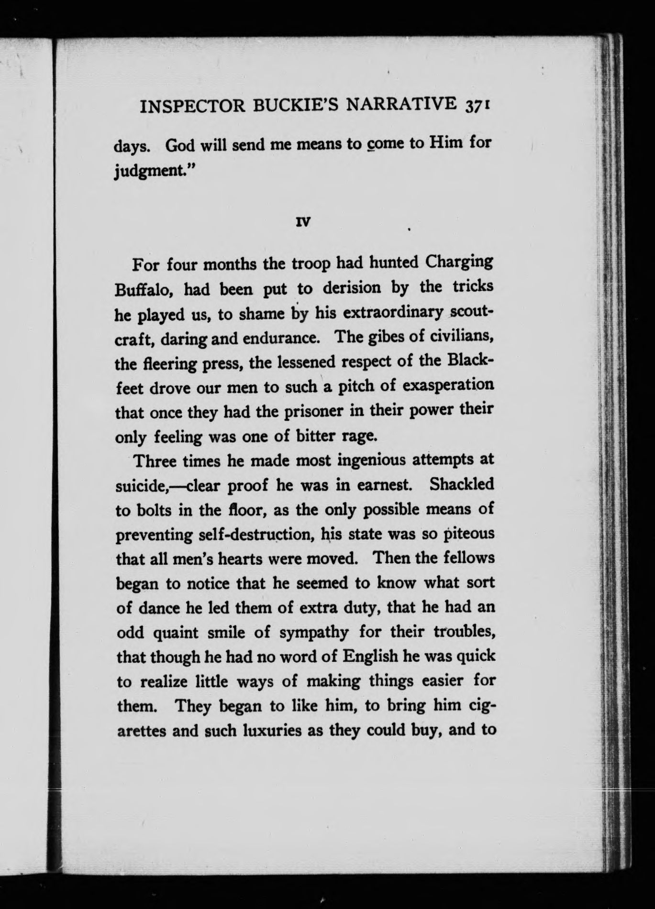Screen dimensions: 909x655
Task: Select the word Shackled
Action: [x=461, y=484]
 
